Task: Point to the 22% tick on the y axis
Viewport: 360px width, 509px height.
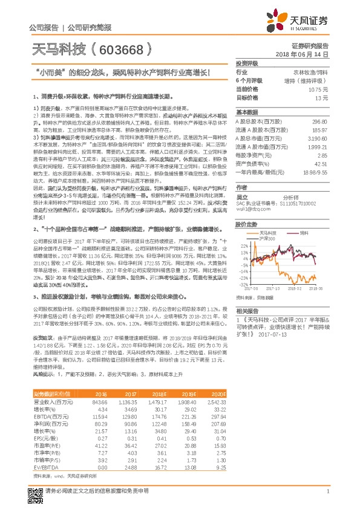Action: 244,246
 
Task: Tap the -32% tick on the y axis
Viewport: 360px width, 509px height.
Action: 244,284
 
